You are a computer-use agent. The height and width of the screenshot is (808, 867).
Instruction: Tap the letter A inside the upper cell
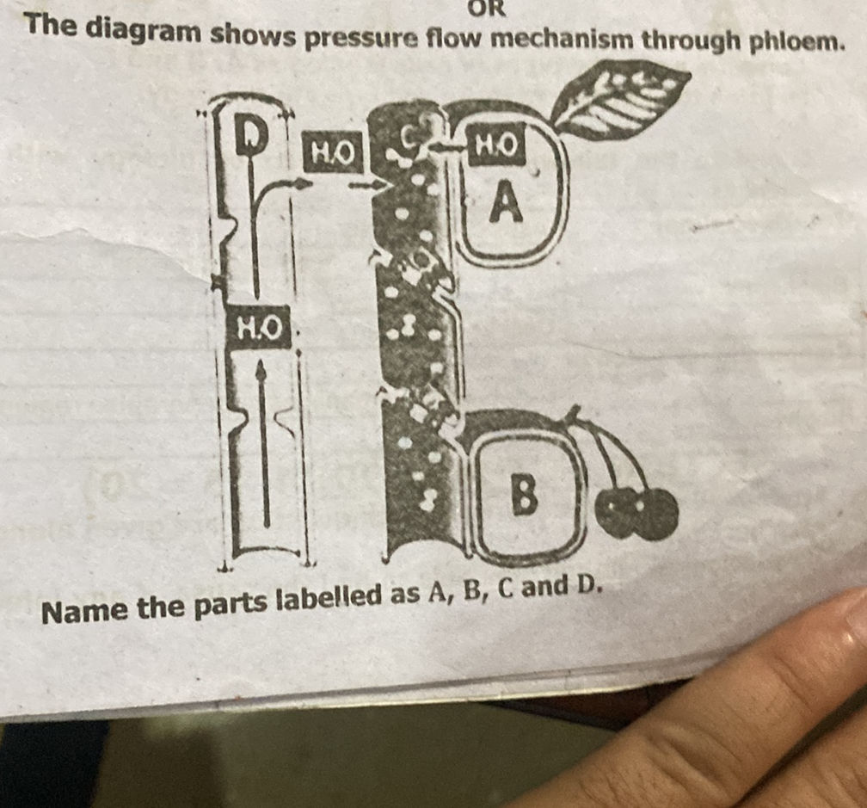(507, 204)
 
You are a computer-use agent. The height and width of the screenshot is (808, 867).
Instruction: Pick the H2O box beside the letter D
(331, 152)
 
